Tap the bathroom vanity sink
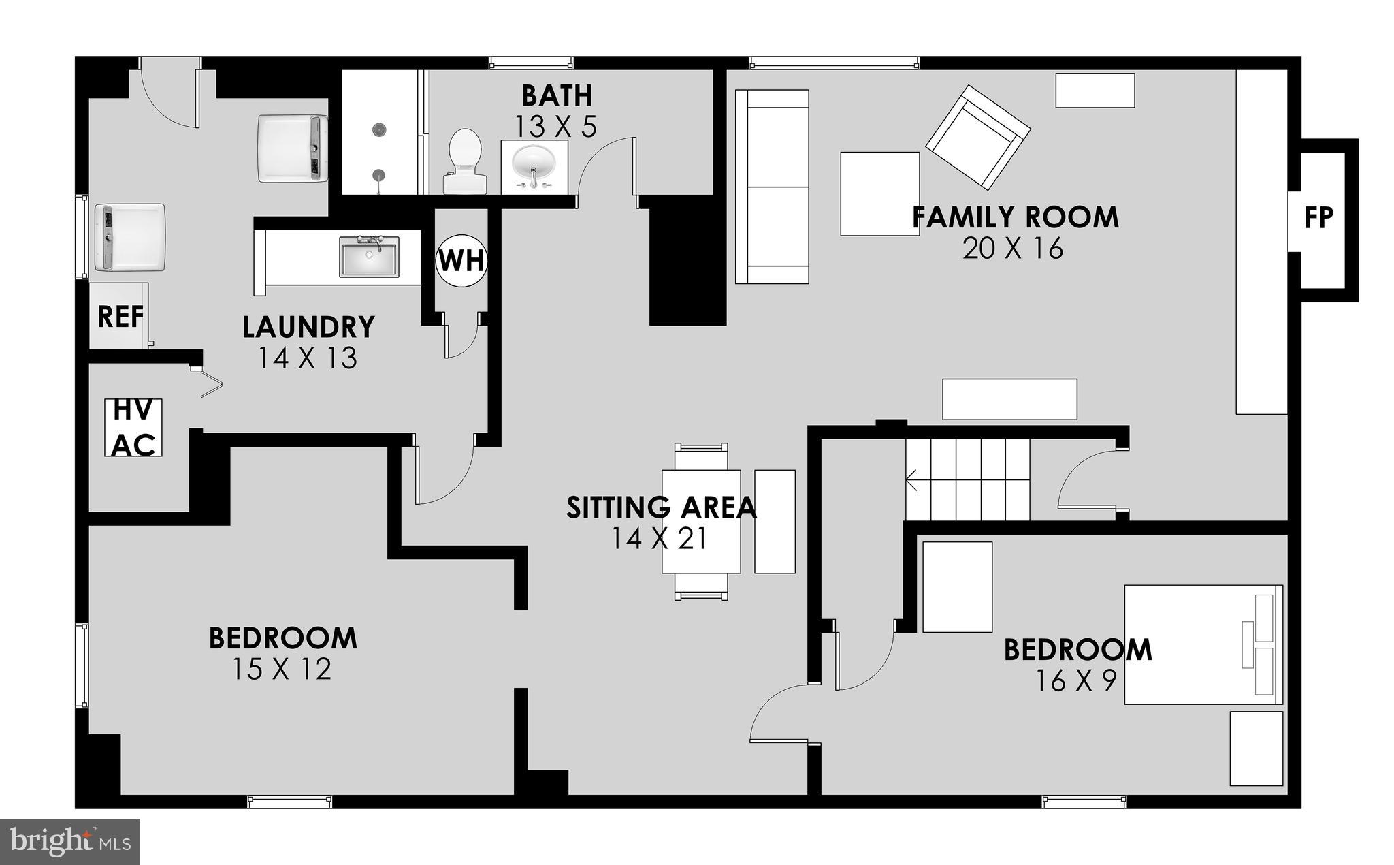coord(534,165)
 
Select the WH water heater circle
coord(461,260)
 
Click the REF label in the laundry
coord(120,317)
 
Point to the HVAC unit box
coord(133,428)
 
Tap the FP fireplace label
coord(1318,218)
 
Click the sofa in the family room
coord(773,187)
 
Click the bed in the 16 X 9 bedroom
coord(1203,644)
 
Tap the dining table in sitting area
coord(701,522)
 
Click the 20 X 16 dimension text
coord(1013,249)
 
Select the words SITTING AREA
coord(661,507)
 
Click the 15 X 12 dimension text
coord(282,669)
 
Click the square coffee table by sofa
coord(879,194)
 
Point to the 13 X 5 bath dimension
coord(555,127)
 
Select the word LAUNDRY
coord(308,328)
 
